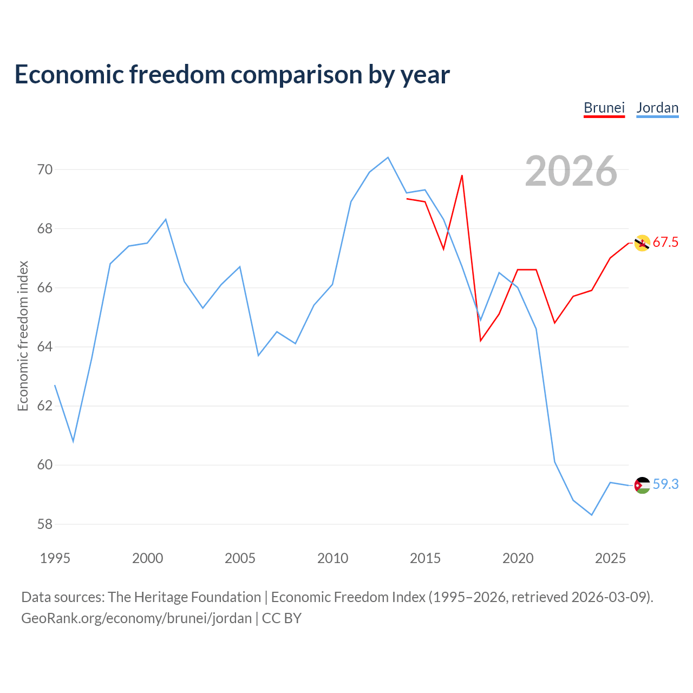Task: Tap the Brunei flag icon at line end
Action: (642, 243)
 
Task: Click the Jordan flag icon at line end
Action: (642, 485)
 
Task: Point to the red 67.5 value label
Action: (665, 242)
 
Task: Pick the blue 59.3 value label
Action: (665, 484)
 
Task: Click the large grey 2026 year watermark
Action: (571, 171)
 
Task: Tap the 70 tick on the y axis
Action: (45, 169)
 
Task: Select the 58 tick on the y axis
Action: (45, 524)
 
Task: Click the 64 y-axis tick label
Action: (45, 346)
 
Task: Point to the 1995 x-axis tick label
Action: (55, 558)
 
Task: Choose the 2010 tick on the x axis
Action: (332, 558)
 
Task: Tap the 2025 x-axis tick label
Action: (610, 558)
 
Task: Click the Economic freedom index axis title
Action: (23, 336)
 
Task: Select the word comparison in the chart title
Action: (296, 75)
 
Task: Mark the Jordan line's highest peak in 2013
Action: (388, 158)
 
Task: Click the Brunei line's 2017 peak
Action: (462, 175)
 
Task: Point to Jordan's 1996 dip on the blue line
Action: (74, 441)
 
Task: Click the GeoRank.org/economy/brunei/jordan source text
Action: (136, 618)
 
